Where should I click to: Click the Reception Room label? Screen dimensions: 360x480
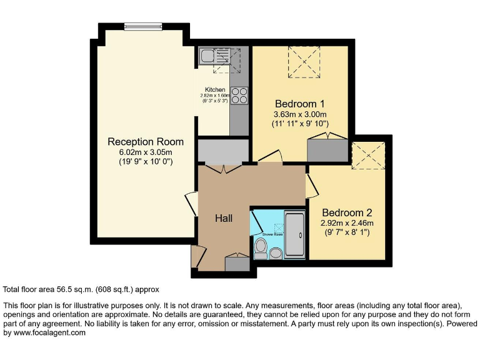click(x=146, y=141)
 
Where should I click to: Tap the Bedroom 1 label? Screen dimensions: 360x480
click(x=300, y=103)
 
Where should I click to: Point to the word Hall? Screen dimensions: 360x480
click(x=224, y=218)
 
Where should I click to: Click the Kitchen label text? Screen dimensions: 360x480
click(x=215, y=89)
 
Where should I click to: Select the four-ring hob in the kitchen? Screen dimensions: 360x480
click(x=239, y=95)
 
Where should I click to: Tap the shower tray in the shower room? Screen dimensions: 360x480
click(x=295, y=234)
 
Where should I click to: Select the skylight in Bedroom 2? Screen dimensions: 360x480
click(x=367, y=155)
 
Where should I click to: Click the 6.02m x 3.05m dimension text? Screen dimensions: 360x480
click(x=146, y=152)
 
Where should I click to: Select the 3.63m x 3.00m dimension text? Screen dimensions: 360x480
click(x=300, y=114)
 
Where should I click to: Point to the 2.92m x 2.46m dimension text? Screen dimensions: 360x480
click(x=347, y=222)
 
